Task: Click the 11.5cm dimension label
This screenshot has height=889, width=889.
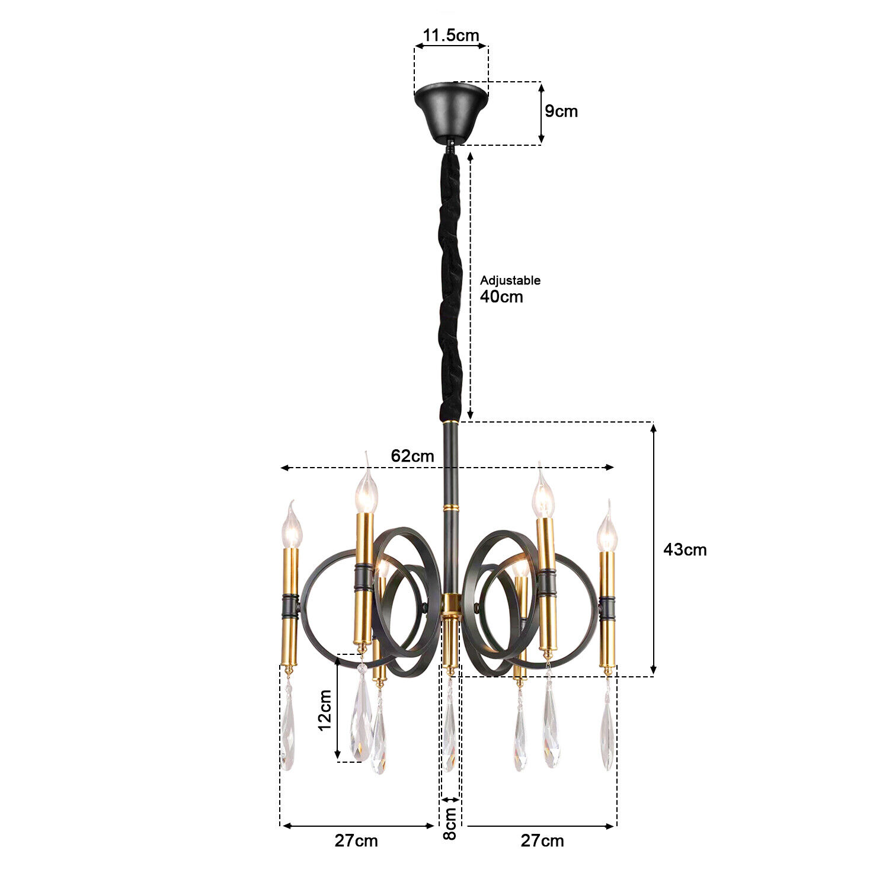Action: pos(450,35)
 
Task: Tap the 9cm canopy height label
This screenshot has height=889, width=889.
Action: pos(561,111)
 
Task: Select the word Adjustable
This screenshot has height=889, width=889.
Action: pos(510,280)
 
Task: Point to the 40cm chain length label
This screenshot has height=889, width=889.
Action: pos(501,296)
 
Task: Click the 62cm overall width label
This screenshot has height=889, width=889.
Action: pos(412,456)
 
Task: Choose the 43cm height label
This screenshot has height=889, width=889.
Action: pos(685,549)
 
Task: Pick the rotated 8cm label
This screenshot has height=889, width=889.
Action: pos(450,823)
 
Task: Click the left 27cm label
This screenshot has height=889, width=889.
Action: pos(356,840)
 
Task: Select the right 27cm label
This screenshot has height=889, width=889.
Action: pos(542,840)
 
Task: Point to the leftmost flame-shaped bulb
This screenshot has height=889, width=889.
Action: pos(291,529)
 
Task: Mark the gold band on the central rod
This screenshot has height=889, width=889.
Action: pos(451,509)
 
